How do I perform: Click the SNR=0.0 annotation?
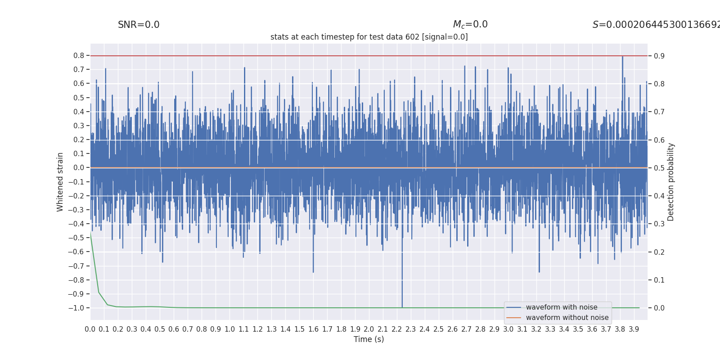pyautogui.click(x=139, y=25)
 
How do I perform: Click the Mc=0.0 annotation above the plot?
pyautogui.click(x=470, y=25)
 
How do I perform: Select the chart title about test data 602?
pyautogui.click(x=369, y=37)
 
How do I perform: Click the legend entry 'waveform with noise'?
pyautogui.click(x=562, y=307)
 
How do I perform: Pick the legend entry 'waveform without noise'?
pyautogui.click(x=567, y=318)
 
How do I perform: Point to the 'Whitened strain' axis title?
pyautogui.click(x=60, y=182)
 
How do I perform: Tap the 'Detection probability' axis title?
pyautogui.click(x=671, y=182)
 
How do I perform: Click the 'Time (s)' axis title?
pyautogui.click(x=369, y=339)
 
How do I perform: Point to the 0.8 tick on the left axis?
pyautogui.click(x=79, y=56)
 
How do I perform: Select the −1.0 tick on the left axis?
pyautogui.click(x=76, y=308)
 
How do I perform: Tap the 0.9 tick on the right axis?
pyautogui.click(x=659, y=56)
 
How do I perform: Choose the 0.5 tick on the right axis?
pyautogui.click(x=659, y=168)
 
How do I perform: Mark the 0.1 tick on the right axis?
pyautogui.click(x=659, y=280)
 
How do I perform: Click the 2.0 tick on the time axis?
pyautogui.click(x=369, y=329)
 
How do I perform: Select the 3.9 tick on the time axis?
pyautogui.click(x=634, y=329)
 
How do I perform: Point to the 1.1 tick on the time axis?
pyautogui.click(x=243, y=329)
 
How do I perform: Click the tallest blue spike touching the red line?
pyautogui.click(x=622, y=58)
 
